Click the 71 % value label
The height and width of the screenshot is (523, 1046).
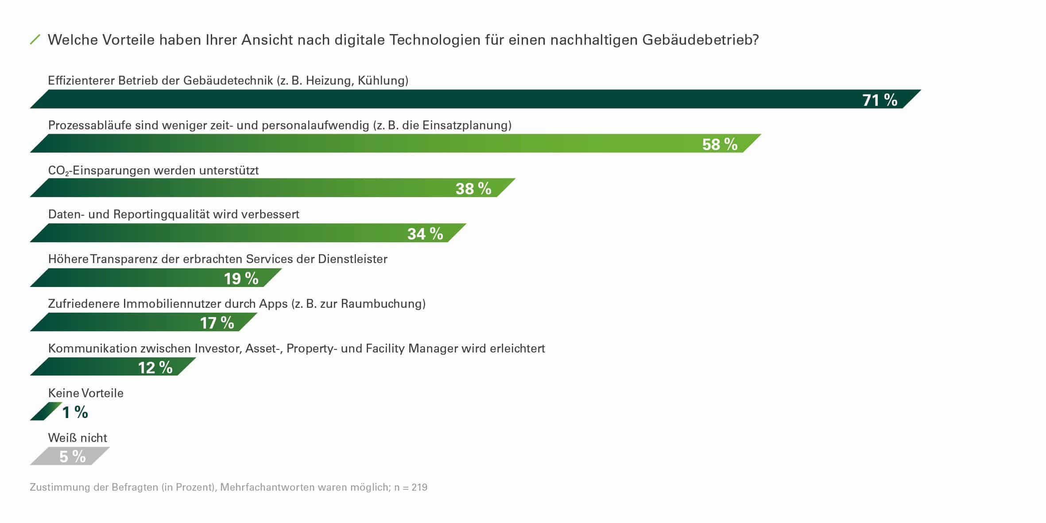[879, 100]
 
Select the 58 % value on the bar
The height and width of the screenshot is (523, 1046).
[720, 144]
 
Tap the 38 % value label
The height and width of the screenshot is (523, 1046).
[473, 189]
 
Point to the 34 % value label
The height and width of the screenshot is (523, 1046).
[425, 234]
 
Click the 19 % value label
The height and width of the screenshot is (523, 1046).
[241, 279]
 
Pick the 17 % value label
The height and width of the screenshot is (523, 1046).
[217, 323]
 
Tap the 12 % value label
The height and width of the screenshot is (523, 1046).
[155, 368]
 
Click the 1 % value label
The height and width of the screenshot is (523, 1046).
[75, 413]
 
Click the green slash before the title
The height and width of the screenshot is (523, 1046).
[35, 40]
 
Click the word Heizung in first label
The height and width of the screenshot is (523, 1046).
[328, 81]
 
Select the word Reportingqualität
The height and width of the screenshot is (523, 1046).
[161, 214]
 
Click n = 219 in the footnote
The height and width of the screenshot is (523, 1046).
[411, 488]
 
